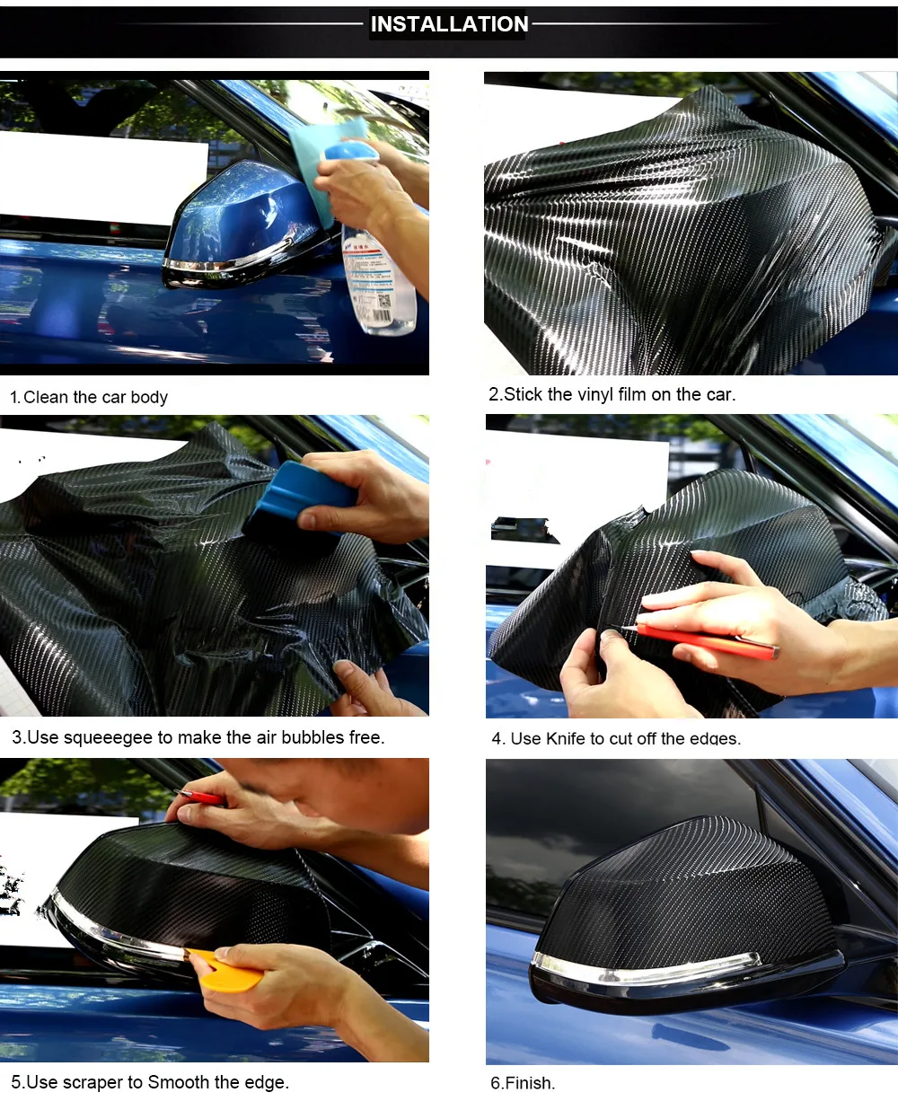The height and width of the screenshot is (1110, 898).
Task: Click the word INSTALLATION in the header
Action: [449, 24]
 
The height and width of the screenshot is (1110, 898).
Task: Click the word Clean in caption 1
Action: [46, 397]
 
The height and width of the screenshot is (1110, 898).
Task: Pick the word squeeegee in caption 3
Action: [108, 737]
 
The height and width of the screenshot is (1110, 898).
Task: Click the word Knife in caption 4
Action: [565, 738]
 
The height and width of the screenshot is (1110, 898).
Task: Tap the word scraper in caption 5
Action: [94, 1082]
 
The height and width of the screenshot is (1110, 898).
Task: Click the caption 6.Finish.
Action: [523, 1083]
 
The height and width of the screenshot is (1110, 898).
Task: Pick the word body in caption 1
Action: [149, 397]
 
